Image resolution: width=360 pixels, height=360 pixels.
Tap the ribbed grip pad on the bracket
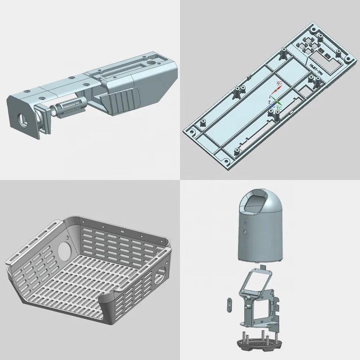(121, 101)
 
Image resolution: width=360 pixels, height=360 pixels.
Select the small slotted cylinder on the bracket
(70, 110)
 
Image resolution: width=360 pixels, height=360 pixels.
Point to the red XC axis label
(279, 84)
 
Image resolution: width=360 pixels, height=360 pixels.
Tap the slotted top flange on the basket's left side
(34, 243)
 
